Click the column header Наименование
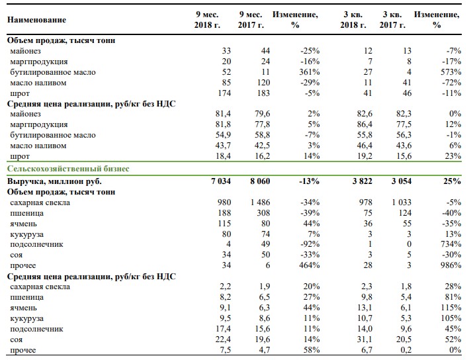(x=36, y=20)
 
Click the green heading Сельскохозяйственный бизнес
(x=68, y=169)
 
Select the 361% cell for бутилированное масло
(x=309, y=72)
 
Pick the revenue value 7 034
(x=221, y=181)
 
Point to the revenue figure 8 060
(x=260, y=181)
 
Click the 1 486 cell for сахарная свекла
(x=260, y=202)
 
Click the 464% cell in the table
(x=309, y=265)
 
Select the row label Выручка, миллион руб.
(x=54, y=181)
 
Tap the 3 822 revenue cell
(x=363, y=181)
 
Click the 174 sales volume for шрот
(x=224, y=93)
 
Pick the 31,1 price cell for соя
(x=365, y=339)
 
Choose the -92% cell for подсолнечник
(x=310, y=244)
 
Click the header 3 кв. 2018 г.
(x=353, y=20)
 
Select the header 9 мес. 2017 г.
(x=251, y=20)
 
